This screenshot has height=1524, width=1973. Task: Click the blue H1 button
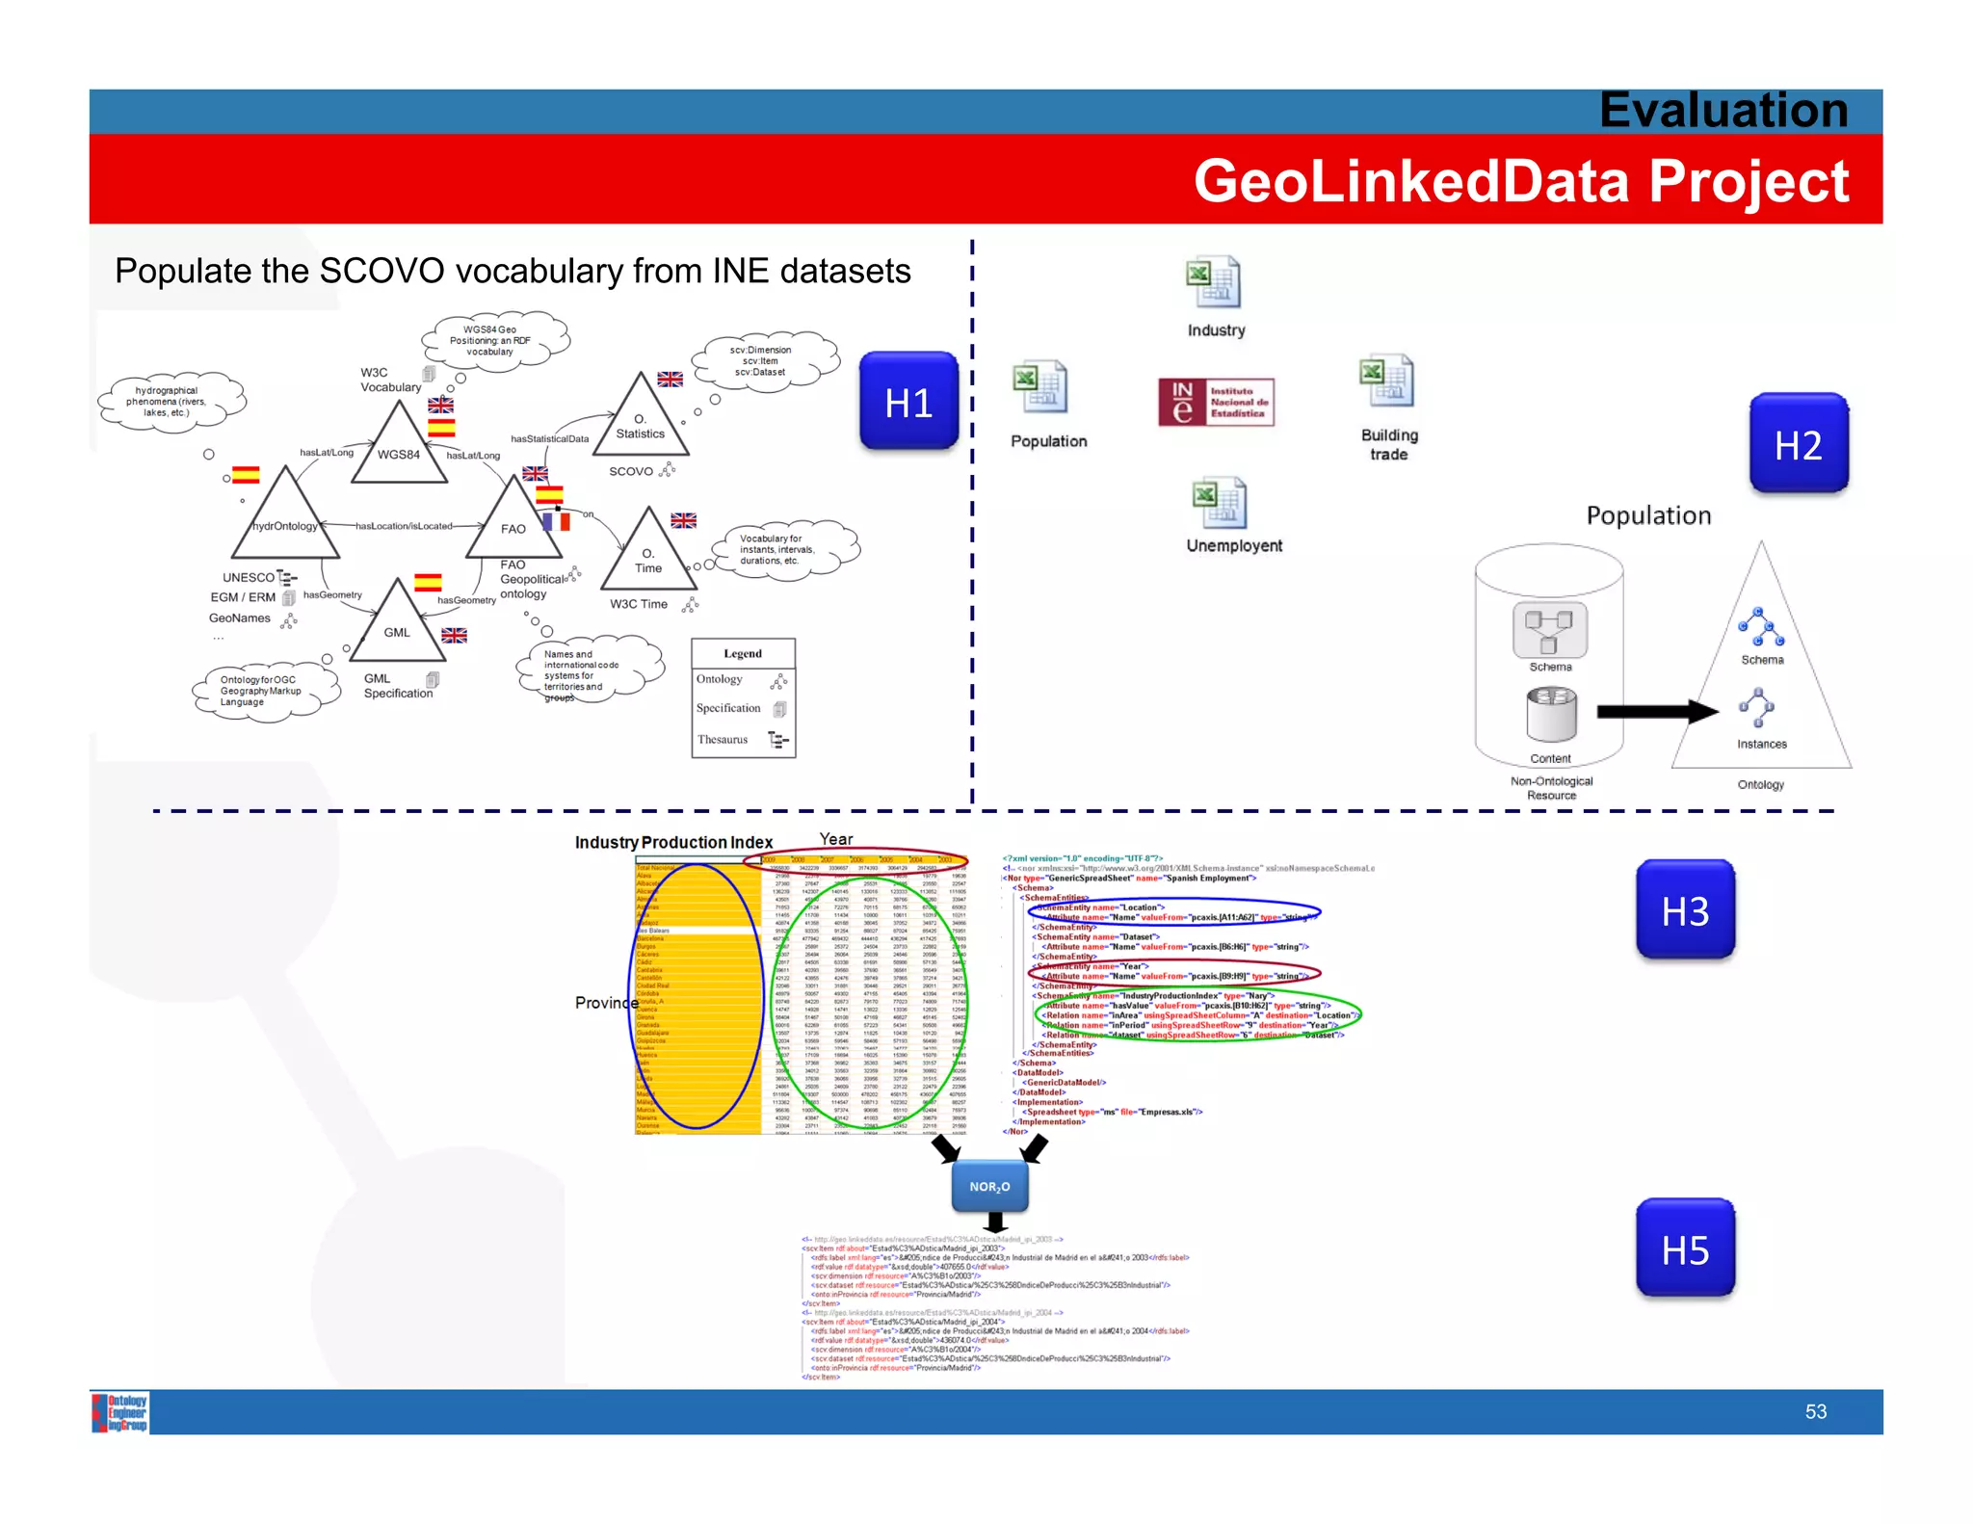pos(908,402)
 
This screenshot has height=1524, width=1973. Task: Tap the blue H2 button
pos(1798,444)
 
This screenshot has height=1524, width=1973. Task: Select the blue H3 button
pos(1685,910)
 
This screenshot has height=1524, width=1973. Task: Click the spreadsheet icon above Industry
pos(1213,283)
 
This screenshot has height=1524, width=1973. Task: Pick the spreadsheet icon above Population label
pos(1039,387)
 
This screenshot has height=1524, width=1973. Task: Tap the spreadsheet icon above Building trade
pos(1386,382)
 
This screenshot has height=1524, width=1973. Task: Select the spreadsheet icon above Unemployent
pos(1219,504)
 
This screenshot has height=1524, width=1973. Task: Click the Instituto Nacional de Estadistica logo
pos(1216,403)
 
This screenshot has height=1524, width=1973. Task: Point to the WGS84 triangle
pos(399,447)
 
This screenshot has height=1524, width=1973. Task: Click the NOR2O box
pos(989,1186)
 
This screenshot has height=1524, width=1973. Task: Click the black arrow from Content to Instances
pos(1656,712)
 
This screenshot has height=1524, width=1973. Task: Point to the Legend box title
pos(743,653)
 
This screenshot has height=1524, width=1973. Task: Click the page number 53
pos(1815,1411)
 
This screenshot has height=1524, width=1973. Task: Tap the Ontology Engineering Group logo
pos(120,1412)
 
